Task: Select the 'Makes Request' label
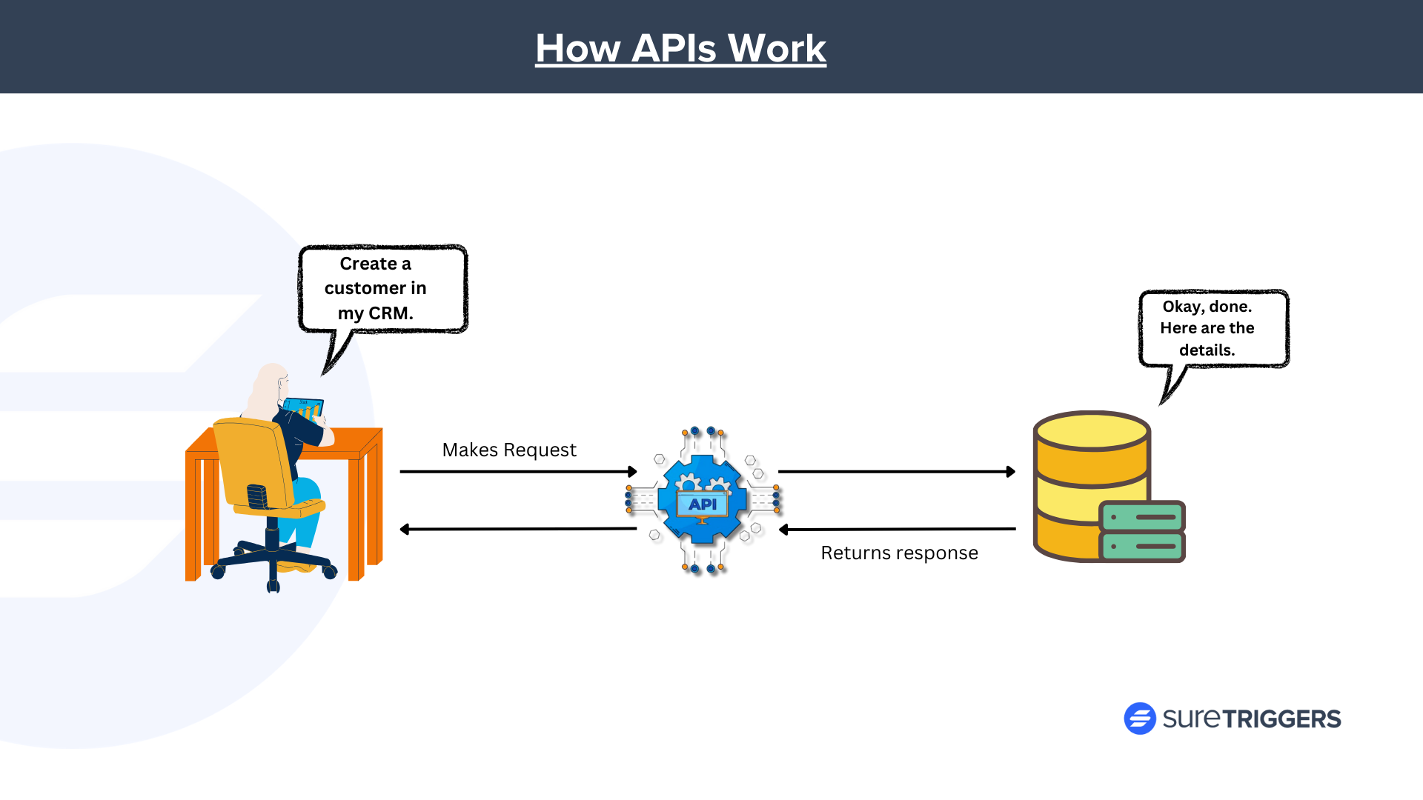point(509,450)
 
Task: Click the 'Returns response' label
point(899,553)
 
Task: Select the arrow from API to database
point(896,471)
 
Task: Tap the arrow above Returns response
point(897,529)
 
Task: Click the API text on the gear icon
point(702,504)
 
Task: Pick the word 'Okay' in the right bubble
point(1181,307)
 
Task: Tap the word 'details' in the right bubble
point(1206,350)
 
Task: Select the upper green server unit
point(1142,516)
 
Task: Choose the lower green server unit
point(1142,547)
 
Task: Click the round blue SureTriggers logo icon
point(1139,719)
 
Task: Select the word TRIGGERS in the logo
point(1281,719)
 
